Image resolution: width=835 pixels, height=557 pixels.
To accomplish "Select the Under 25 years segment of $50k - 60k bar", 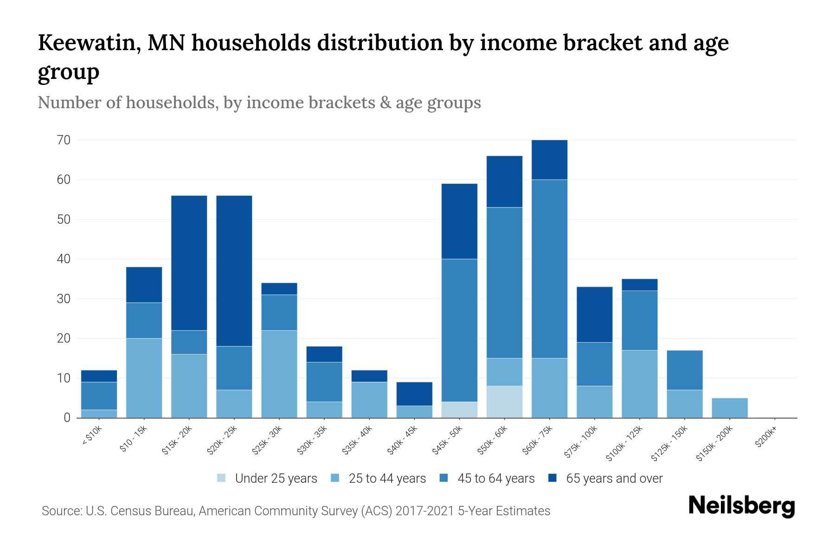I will pos(504,402).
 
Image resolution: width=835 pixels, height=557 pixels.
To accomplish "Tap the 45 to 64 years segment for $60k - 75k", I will pos(549,268).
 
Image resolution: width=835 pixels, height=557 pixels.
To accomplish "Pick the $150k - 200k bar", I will pos(730,408).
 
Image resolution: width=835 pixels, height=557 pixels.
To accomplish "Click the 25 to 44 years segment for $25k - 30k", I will pos(279,374).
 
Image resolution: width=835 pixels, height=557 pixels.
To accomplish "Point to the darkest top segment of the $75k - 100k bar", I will pos(594,314).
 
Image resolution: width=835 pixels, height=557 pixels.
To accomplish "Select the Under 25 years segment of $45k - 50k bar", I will pos(459,409).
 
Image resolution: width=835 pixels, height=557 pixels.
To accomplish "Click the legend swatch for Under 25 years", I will pos(222,478).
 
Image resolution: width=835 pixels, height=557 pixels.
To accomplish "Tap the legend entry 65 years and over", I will pos(614,479).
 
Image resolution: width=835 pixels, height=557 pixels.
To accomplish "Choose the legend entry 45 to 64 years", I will pos(495,479).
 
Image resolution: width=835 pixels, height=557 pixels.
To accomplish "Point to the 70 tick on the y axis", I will pos(64,140).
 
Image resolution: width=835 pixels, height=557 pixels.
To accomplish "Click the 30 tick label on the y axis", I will pos(64,298).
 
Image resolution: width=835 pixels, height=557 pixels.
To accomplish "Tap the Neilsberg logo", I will pos(741,506).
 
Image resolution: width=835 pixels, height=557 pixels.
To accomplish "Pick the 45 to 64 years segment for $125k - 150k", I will pos(684,370).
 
